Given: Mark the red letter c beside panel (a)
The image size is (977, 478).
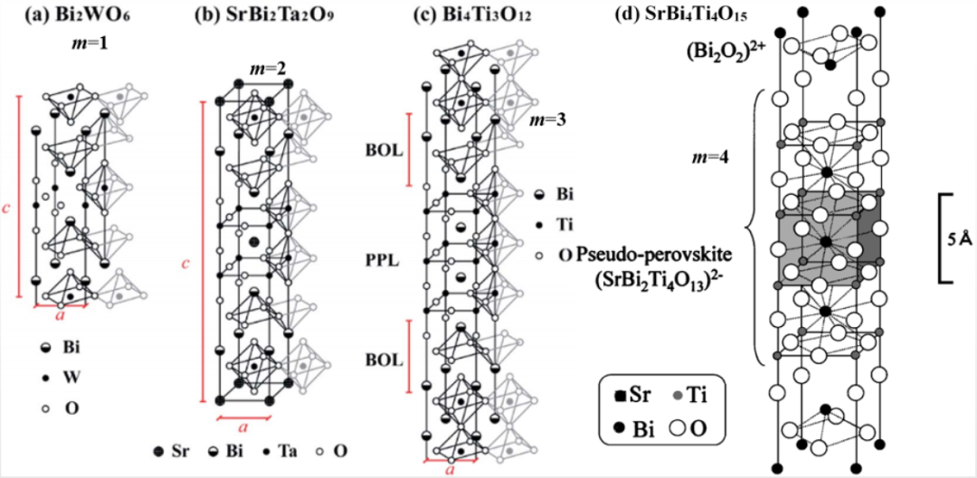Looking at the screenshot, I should click(x=7, y=207).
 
